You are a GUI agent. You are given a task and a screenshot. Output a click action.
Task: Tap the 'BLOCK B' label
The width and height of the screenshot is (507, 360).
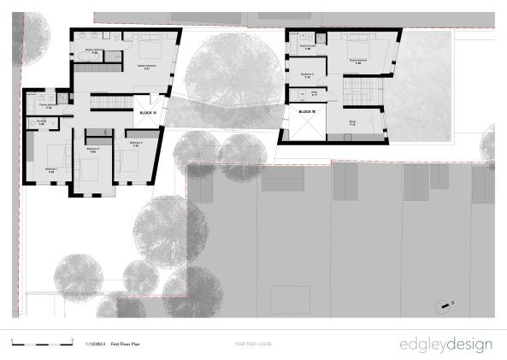click(308, 111)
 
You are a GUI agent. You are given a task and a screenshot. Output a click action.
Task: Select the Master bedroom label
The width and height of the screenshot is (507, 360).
click(147, 67)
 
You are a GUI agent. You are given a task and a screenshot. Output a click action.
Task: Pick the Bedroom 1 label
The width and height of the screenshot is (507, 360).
click(52, 168)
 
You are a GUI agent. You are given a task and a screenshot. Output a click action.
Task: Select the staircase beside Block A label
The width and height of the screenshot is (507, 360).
click(109, 103)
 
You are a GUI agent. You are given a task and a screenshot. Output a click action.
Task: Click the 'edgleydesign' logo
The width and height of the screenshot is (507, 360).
click(445, 345)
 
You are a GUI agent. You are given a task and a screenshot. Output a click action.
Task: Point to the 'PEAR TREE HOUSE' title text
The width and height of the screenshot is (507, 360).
click(253, 345)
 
